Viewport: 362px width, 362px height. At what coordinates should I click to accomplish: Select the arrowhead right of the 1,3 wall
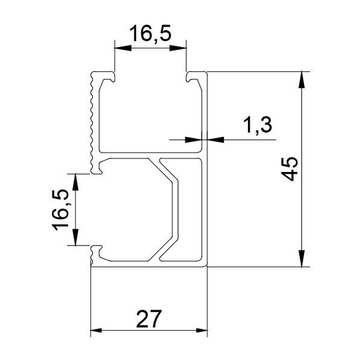click(x=216, y=139)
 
